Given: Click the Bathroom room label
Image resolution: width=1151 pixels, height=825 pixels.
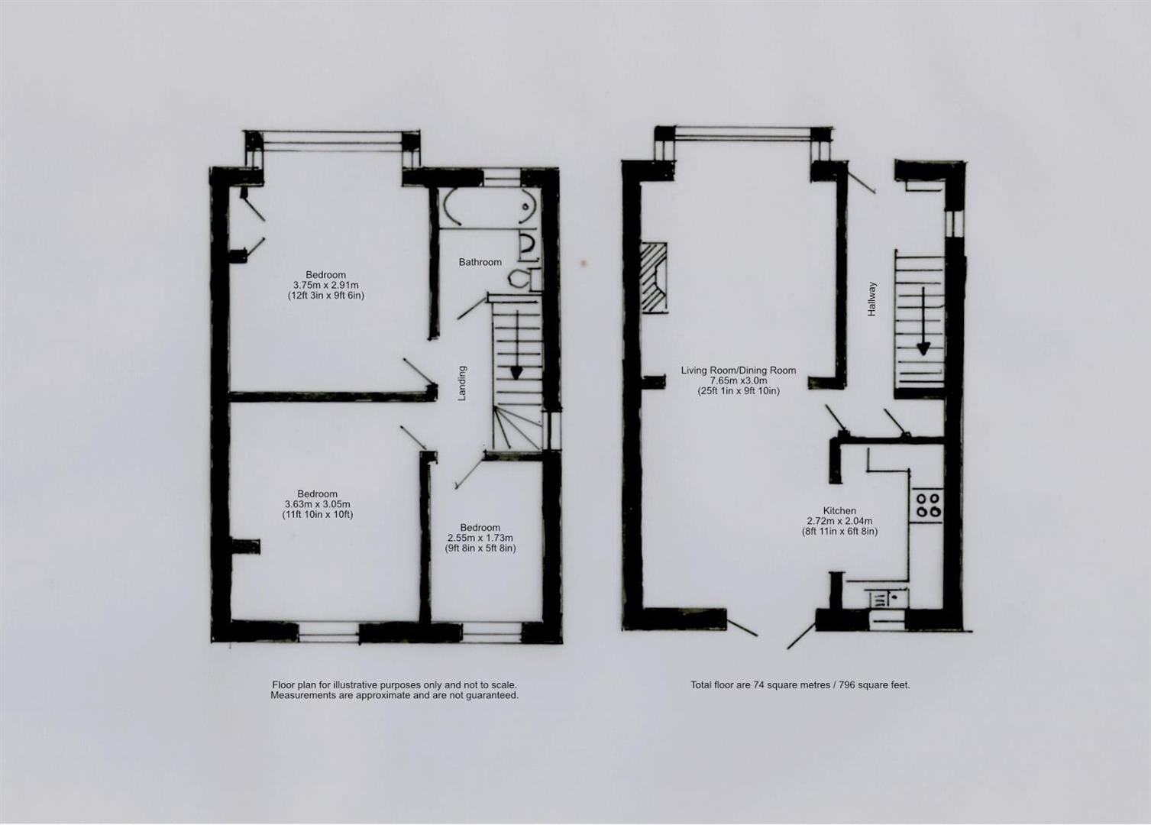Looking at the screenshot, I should pos(480,262).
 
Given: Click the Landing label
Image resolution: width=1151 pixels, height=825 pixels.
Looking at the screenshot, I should pos(461,383).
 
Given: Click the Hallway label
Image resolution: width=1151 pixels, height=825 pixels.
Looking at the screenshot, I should pos(871,299).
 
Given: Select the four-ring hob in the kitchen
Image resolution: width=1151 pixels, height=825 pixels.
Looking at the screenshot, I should pos(928,504).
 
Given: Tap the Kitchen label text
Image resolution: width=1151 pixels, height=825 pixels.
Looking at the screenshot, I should pos(839,511).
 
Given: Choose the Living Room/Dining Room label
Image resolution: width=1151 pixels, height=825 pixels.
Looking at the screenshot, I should pos(739,370).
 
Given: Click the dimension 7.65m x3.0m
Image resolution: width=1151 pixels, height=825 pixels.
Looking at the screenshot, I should pos(739,380).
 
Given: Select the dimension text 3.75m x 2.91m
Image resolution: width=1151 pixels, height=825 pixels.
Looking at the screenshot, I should pos(326,285).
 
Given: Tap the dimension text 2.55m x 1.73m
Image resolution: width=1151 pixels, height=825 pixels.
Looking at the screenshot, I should pos(480,538).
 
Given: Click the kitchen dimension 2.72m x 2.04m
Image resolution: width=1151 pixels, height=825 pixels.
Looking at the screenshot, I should pos(839,521).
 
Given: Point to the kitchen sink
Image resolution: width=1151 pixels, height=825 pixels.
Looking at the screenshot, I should pos(886,597).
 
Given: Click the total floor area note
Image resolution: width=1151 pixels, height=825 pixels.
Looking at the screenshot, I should pos(800,685).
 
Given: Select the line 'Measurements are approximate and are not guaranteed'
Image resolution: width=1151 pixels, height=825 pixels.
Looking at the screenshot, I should pos(394,696).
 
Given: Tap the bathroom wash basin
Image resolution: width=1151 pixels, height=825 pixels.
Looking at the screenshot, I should pos(526,244).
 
